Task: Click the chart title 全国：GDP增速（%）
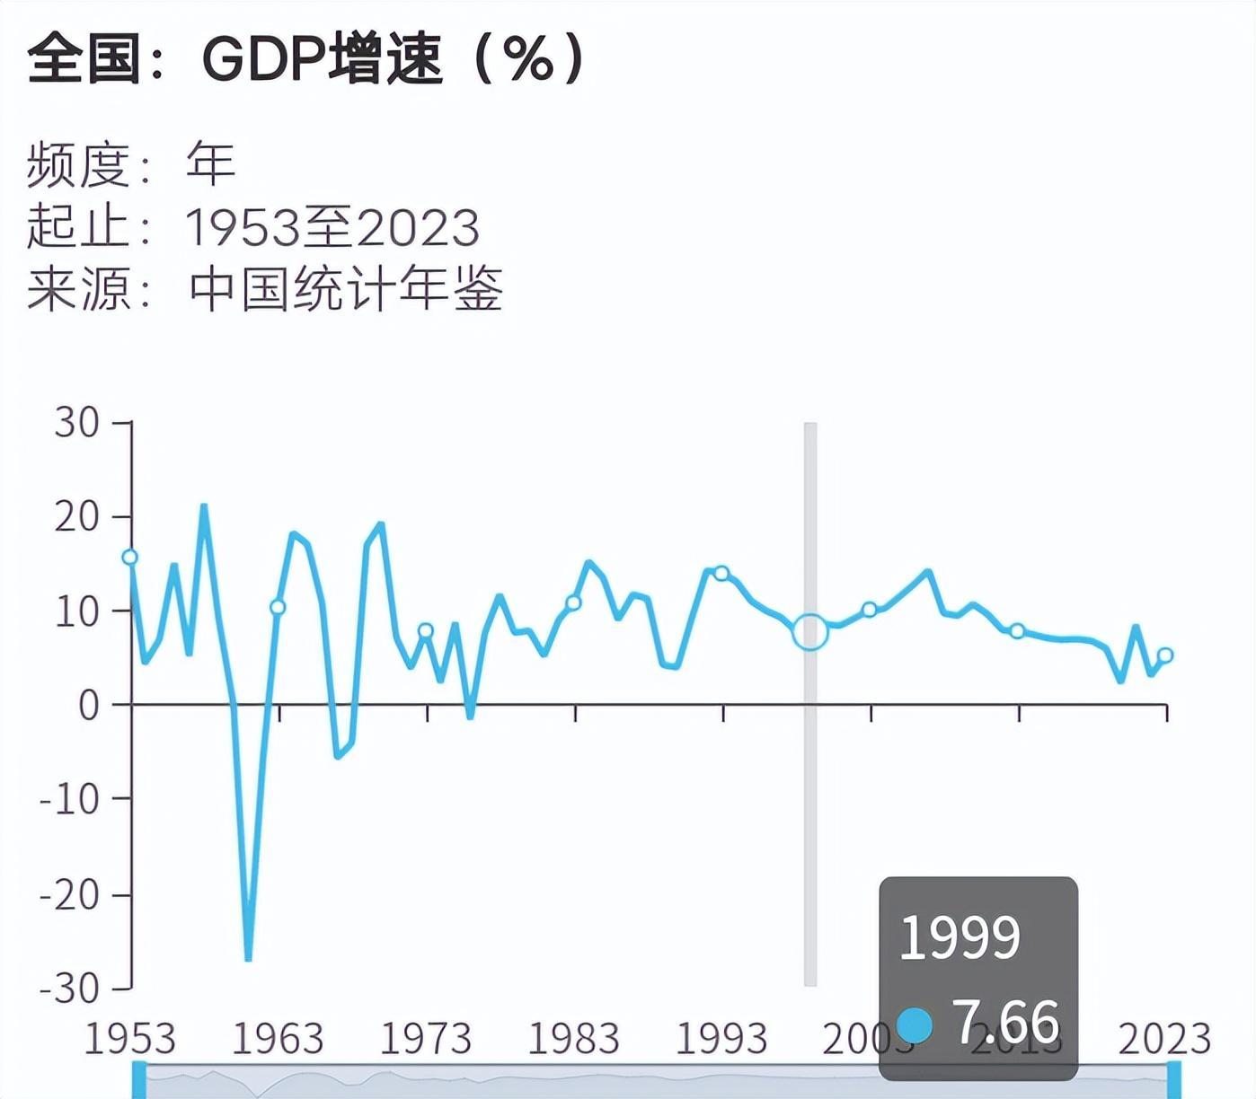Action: click(x=306, y=59)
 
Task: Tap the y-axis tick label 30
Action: click(x=76, y=422)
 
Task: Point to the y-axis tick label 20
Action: click(x=76, y=516)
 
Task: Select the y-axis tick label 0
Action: click(x=89, y=706)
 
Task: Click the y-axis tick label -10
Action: click(x=69, y=799)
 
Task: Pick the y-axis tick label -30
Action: click(x=69, y=989)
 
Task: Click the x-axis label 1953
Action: click(x=129, y=1039)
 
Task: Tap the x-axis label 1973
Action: click(x=425, y=1039)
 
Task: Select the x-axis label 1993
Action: click(x=721, y=1039)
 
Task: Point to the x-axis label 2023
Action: click(x=1164, y=1039)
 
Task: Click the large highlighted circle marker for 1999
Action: click(x=809, y=632)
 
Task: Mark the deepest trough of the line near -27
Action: click(x=248, y=959)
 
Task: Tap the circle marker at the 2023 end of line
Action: click(x=1165, y=655)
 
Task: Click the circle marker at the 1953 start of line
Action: click(x=129, y=558)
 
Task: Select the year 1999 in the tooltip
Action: click(x=960, y=937)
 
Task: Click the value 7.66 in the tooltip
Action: click(x=1006, y=1022)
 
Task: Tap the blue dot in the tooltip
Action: click(x=915, y=1024)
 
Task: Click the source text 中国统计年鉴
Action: click(x=346, y=289)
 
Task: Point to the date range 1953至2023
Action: click(x=332, y=227)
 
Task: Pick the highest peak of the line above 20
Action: click(x=204, y=506)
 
